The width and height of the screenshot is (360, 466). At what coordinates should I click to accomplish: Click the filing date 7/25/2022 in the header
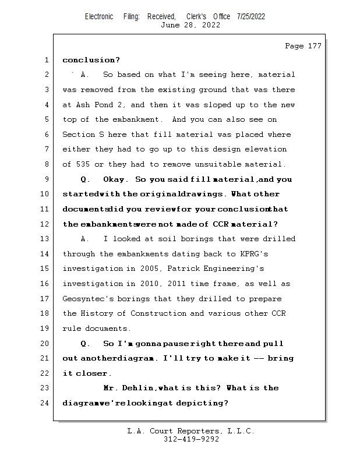pos(251,16)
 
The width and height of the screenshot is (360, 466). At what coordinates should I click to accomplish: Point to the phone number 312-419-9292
pos(191,439)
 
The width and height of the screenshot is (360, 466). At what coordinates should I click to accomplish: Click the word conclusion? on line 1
pos(91,60)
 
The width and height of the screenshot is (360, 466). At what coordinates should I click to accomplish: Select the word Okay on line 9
pos(114,179)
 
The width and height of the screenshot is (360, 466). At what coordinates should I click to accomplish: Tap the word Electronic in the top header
pos(99,16)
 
